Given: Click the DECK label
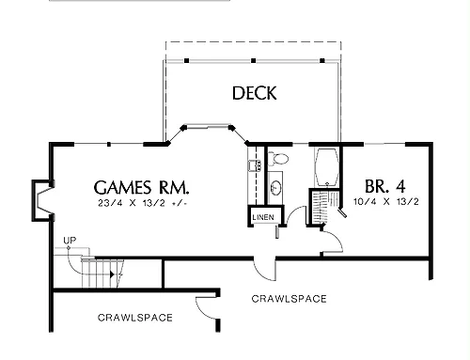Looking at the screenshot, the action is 255,93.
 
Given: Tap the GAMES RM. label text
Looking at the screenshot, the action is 142,187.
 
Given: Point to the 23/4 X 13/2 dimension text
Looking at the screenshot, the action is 142,203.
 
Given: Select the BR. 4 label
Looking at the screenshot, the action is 385,186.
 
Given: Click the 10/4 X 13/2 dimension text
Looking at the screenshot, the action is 386,201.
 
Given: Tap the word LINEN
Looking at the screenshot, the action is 263,217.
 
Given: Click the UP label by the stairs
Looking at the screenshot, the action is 70,241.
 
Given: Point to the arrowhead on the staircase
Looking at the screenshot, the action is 112,274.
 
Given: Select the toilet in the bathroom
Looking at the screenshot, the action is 277,159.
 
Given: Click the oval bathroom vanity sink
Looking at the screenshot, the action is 275,188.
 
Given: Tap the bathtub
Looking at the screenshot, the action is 327,166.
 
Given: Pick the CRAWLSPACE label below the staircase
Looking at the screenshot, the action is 135,318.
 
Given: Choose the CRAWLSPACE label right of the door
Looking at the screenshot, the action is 289,299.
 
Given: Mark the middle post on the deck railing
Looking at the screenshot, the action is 254,60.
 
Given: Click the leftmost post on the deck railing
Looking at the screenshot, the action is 186,60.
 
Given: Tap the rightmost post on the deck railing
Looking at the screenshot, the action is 322,60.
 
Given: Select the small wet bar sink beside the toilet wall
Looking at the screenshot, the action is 255,165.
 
